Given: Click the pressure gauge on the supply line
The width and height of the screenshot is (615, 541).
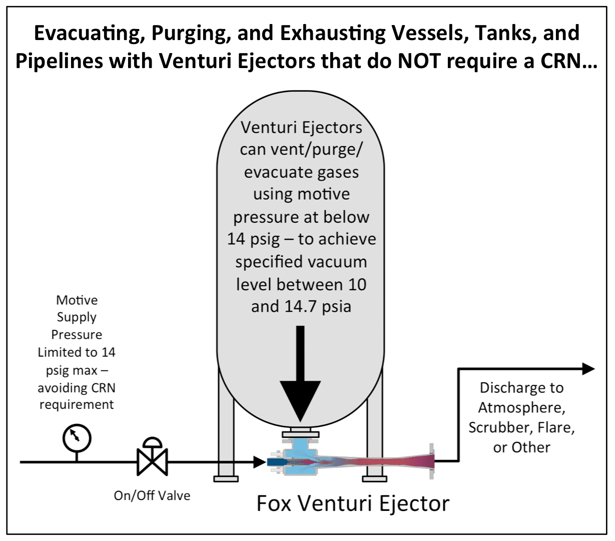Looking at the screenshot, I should [x=77, y=438].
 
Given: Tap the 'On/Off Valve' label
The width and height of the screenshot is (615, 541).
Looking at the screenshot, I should [x=152, y=495].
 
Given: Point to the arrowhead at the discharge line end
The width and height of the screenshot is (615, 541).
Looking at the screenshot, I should [x=588, y=369].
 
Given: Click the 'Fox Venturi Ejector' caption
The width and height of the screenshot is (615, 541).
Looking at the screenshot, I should [x=353, y=503].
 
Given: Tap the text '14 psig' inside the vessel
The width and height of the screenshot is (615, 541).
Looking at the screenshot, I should [x=253, y=239].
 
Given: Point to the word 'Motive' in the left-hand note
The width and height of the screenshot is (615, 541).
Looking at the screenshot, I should [x=77, y=300].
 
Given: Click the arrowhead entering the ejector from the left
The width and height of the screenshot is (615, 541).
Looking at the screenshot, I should [x=260, y=462].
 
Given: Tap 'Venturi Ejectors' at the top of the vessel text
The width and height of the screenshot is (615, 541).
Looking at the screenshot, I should [x=301, y=127].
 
